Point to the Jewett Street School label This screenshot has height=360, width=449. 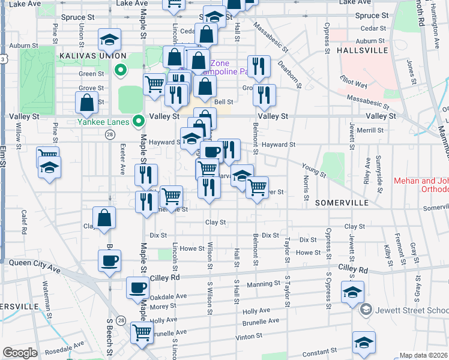(412, 310)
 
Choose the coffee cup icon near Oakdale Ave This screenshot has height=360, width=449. (137, 287)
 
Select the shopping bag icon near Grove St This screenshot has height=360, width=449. (87, 103)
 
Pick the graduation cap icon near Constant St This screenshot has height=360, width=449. (364, 343)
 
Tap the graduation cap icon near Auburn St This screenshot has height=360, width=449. (110, 40)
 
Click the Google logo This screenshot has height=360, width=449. (20, 353)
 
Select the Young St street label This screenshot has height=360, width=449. (314, 171)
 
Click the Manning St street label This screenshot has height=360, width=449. (259, 284)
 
